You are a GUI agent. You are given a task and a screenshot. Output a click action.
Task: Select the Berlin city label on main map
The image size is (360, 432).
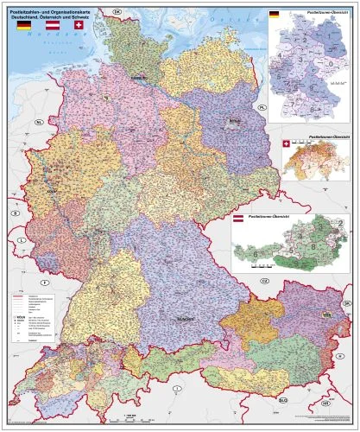tap(233, 120)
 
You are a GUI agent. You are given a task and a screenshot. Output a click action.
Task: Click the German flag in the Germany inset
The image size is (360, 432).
tap(275, 15)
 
